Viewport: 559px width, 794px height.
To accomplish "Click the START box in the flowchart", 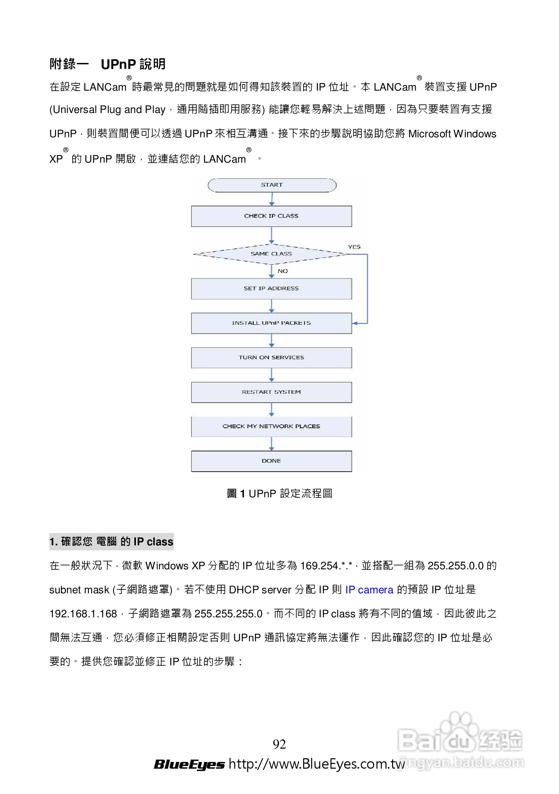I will (x=272, y=185).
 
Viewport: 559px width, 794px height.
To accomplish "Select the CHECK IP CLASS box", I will (x=272, y=216).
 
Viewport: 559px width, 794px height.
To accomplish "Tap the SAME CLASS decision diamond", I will (x=272, y=254).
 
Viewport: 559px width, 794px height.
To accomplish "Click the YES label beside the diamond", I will (x=354, y=247).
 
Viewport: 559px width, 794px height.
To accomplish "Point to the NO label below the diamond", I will (x=282, y=271).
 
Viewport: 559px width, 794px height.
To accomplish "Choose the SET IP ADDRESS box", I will (x=272, y=288).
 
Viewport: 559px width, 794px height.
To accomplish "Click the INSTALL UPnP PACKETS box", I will (x=272, y=323).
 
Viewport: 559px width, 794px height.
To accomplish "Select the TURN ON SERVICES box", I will (x=272, y=358).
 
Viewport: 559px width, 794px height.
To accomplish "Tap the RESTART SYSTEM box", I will (x=272, y=392).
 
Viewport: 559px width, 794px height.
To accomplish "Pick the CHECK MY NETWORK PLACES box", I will (x=272, y=426).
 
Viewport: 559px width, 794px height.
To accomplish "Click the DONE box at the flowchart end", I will (x=272, y=461).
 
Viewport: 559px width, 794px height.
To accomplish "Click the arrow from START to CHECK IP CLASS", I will (x=272, y=199).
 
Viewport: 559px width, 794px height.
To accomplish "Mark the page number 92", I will (x=279, y=744).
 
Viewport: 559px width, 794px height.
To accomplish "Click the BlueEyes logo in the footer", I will (x=189, y=764).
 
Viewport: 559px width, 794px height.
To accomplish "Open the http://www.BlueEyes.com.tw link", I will (x=316, y=764).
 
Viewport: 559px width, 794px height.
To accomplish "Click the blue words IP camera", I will (x=369, y=590).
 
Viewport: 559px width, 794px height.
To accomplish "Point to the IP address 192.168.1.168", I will (x=83, y=613).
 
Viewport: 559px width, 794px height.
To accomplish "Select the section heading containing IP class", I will (x=111, y=542).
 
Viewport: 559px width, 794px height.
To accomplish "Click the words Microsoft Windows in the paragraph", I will (x=452, y=134).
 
